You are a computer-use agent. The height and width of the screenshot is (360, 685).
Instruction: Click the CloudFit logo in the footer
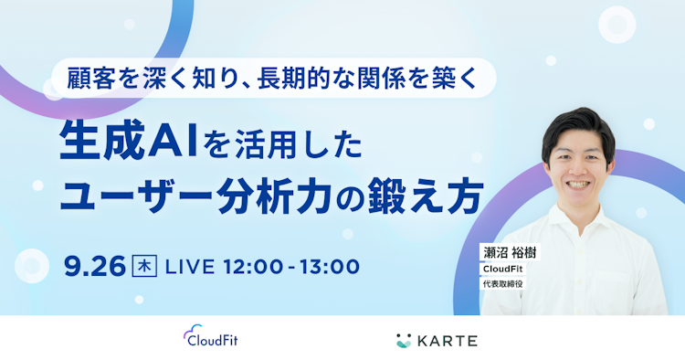click(x=211, y=340)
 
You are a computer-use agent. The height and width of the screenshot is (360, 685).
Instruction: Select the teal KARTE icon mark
click(x=404, y=341)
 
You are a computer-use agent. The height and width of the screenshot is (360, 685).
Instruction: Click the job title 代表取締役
click(x=504, y=284)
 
